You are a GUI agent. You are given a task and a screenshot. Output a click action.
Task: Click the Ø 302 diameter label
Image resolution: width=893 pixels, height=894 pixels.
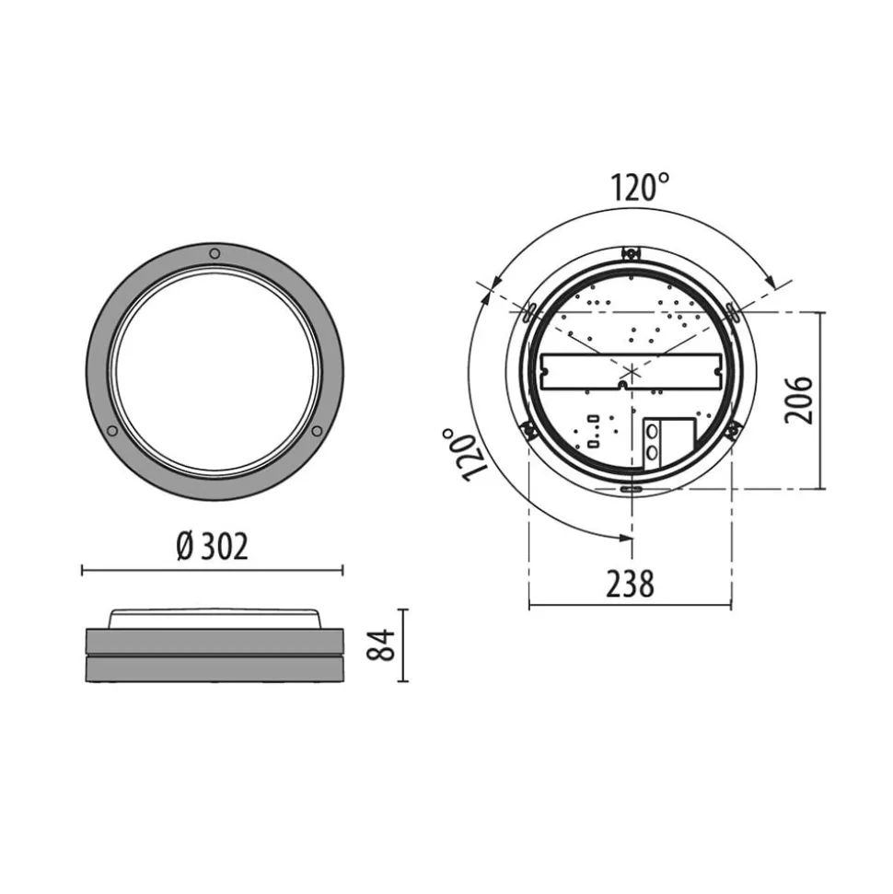coord(212,547)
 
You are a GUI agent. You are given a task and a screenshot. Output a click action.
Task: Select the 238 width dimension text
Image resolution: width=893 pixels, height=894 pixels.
coord(630,584)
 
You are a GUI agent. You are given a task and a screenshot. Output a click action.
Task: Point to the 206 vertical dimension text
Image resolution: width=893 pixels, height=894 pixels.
coord(799,400)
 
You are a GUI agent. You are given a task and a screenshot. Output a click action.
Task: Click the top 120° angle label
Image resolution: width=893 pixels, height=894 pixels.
coord(640,188)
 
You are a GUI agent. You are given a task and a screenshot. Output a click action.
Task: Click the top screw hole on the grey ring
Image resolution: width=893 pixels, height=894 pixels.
coord(215,253)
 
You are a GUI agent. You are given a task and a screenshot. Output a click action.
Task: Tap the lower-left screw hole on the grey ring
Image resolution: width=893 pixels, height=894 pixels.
coord(111,431)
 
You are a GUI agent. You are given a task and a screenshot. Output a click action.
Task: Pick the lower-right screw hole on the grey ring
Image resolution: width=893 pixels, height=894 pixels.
coord(318,431)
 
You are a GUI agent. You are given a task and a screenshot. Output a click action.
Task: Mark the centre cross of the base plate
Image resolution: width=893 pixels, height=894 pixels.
coord(631,373)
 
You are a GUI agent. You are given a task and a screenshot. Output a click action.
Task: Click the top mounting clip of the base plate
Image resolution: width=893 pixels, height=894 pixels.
coord(631,251)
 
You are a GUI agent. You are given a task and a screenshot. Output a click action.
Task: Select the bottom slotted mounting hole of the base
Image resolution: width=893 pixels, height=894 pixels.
coord(631,490)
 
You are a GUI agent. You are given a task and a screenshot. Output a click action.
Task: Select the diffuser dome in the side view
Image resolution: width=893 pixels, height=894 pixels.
coord(215,618)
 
